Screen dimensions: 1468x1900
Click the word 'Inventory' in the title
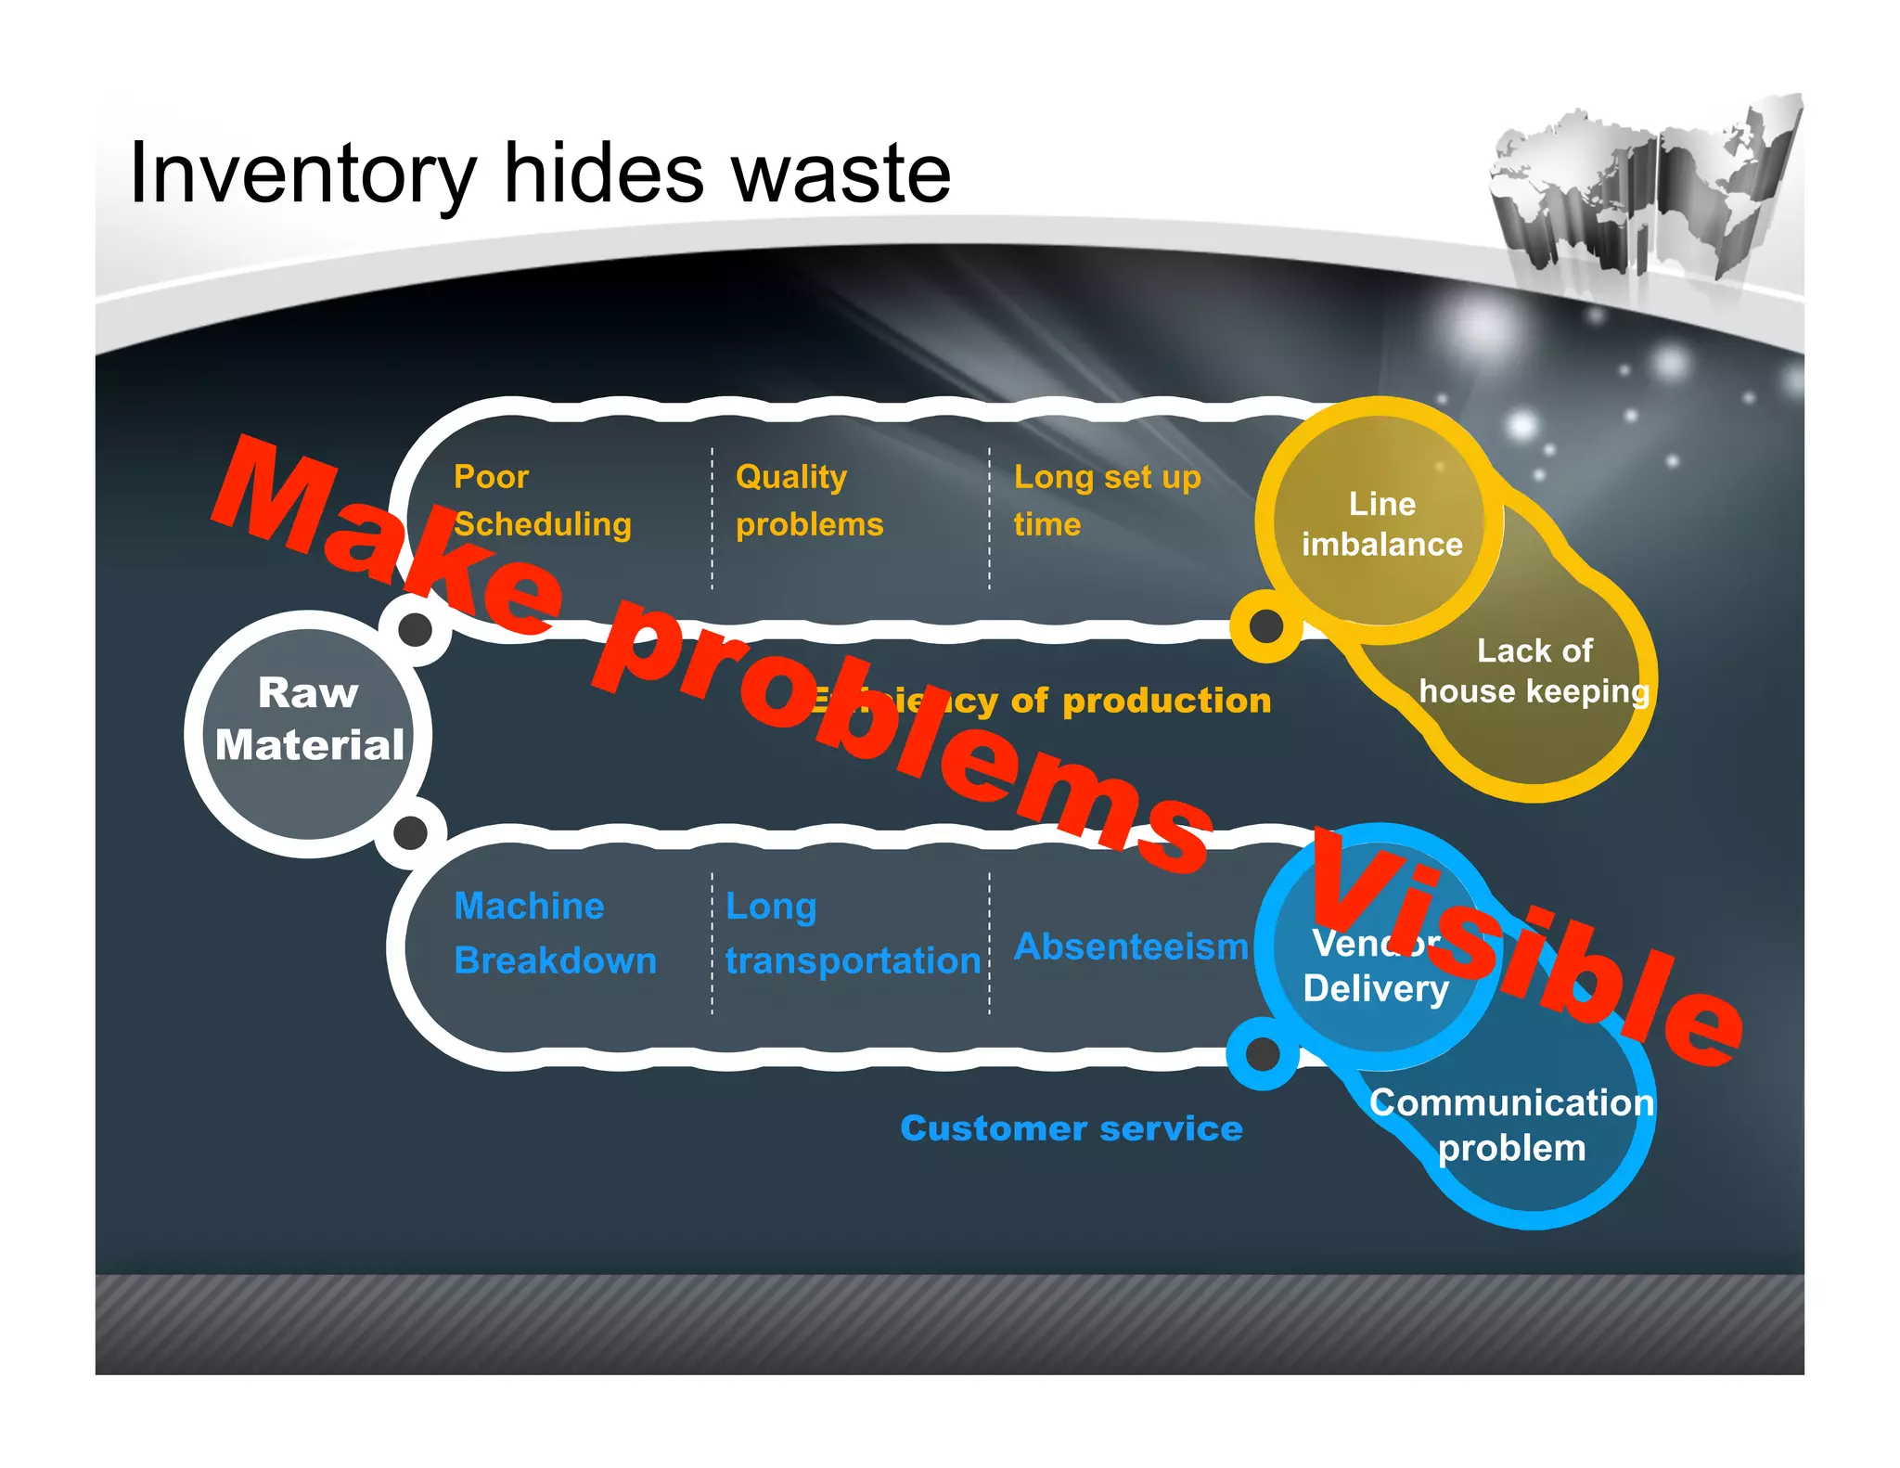coord(302,174)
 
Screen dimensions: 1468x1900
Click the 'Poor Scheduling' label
coord(541,500)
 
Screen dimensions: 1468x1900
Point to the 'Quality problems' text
coord(808,500)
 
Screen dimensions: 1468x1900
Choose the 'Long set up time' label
coord(1106,500)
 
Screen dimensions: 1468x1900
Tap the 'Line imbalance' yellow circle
coord(1381,523)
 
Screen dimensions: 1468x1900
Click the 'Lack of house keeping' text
coord(1534,671)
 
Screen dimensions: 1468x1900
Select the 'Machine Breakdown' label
coord(555,933)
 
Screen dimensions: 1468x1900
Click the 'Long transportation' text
coord(852,933)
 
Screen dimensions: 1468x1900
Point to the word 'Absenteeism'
coord(1131,946)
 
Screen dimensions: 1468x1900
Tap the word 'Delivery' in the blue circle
coord(1375,989)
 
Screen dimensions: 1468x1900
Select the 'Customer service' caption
coord(1071,1128)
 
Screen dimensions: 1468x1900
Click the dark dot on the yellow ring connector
coord(1266,626)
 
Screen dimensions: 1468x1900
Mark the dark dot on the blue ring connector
coord(1262,1053)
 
